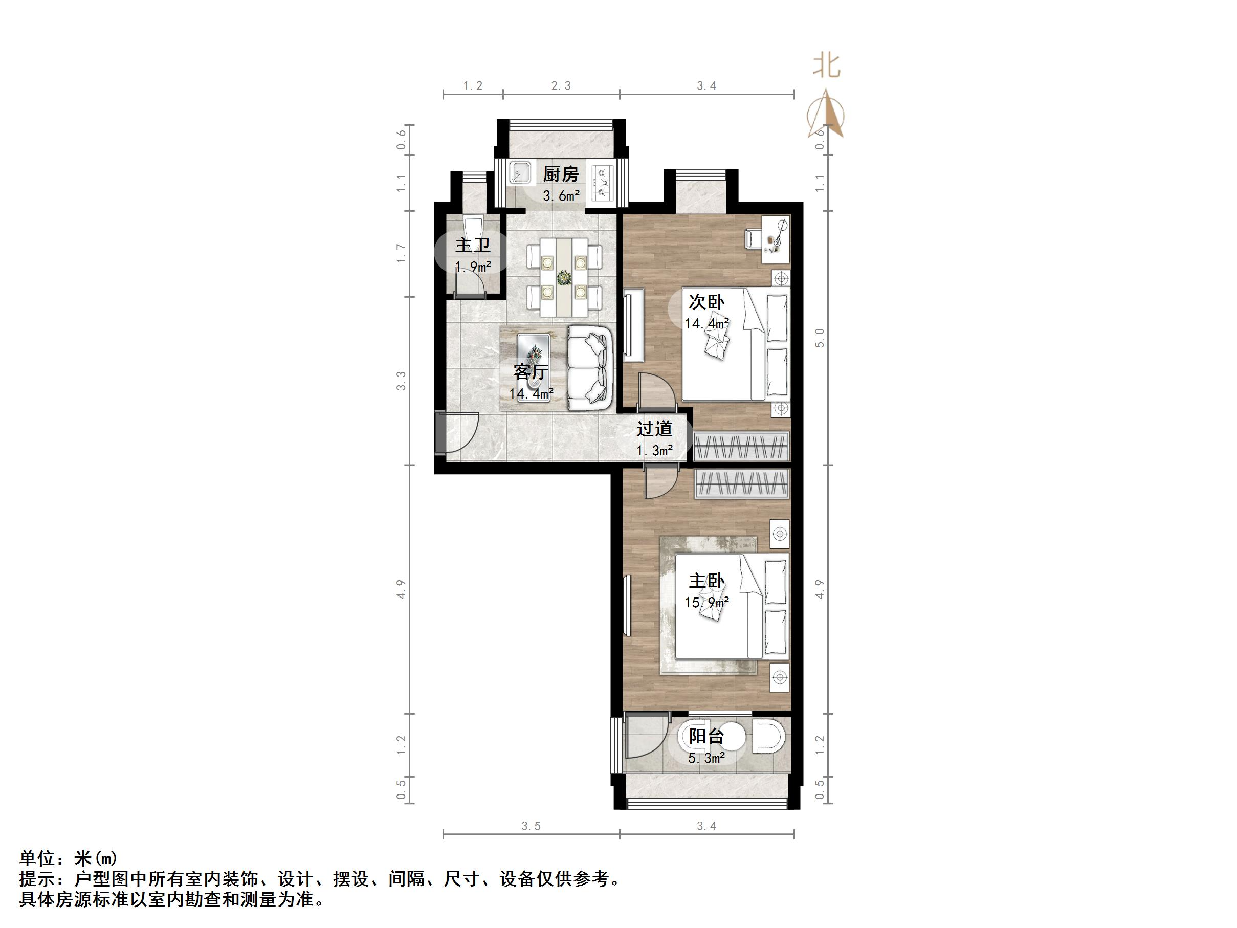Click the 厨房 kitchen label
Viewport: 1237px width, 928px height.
[560, 174]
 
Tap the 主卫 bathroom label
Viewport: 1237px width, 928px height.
[473, 246]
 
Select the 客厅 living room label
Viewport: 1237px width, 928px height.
[531, 371]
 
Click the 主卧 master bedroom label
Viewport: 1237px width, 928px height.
[706, 581]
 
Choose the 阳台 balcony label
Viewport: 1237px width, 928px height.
[706, 736]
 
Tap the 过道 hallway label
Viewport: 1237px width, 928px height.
[654, 429]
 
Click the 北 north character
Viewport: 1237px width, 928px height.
[827, 66]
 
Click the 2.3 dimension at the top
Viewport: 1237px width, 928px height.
[561, 85]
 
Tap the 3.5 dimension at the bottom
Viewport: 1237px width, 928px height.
[531, 826]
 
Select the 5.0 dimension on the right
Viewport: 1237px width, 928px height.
[820, 338]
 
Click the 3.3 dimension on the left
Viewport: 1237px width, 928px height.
[402, 381]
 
